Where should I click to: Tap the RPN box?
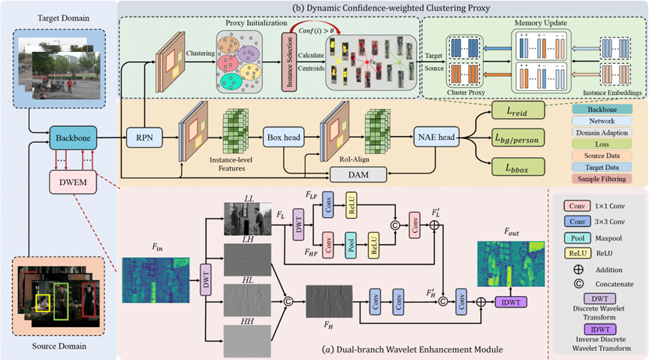(144, 137)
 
